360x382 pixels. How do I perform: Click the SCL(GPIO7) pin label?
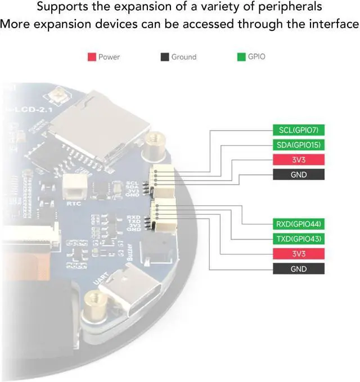click(x=299, y=131)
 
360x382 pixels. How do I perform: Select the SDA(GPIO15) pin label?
click(x=299, y=145)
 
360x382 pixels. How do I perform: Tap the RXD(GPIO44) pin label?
click(x=299, y=224)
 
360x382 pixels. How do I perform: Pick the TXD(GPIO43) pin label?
click(x=299, y=239)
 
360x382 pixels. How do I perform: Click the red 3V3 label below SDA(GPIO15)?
click(x=299, y=160)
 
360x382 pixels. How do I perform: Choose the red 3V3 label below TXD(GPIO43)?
click(x=299, y=254)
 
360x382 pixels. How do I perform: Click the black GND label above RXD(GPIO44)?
click(x=299, y=174)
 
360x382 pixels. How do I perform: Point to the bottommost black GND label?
click(x=299, y=269)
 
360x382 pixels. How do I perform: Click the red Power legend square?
click(x=92, y=57)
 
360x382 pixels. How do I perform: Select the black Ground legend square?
click(x=164, y=57)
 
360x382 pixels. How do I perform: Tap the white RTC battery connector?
click(x=74, y=185)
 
